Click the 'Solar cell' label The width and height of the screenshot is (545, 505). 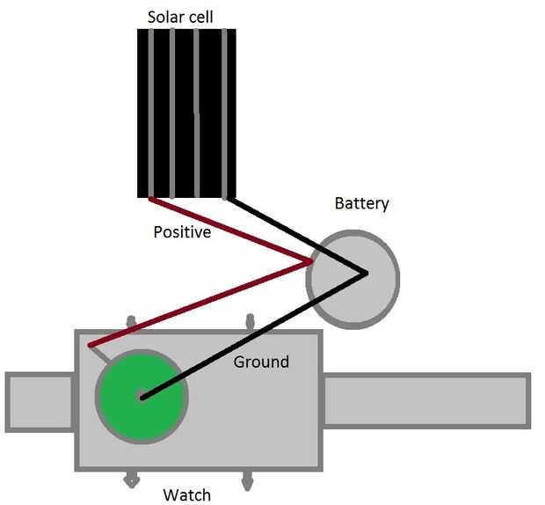pos(179,17)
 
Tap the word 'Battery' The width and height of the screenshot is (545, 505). pos(361,204)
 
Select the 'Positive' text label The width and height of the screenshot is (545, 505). pos(182,233)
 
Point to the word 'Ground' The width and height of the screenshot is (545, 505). pos(261,362)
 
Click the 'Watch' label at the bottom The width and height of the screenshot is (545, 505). pos(187,494)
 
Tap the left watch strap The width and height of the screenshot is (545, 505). pos(40,402)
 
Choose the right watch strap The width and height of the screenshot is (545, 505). pos(426,402)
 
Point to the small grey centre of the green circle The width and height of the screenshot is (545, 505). pos(142,397)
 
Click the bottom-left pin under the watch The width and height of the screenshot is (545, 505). pos(131,479)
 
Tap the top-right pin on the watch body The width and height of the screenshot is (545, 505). pos(251,322)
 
